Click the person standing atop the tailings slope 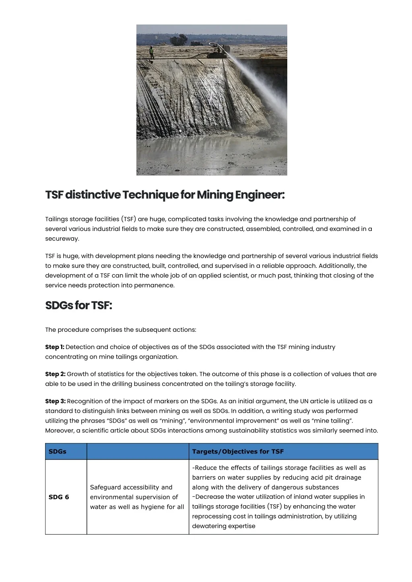tap(152, 53)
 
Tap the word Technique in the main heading tap(150, 195)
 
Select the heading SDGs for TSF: tap(78, 306)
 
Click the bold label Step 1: tap(54, 347)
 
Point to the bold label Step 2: tap(55, 374)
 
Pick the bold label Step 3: tap(55, 401)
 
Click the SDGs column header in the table tap(58, 451)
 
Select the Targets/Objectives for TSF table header tap(238, 451)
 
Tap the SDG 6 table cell tap(59, 497)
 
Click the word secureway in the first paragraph tap(62, 239)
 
